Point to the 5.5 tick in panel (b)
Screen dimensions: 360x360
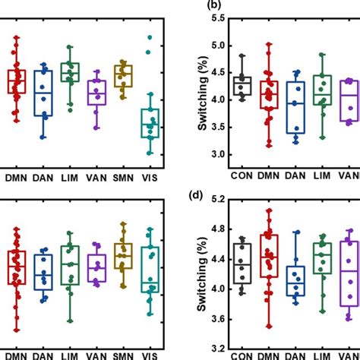(203, 17)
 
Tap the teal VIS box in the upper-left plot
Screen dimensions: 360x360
(152, 122)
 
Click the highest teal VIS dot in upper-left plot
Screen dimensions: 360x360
(150, 36)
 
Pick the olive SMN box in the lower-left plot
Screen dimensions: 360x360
(122, 256)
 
